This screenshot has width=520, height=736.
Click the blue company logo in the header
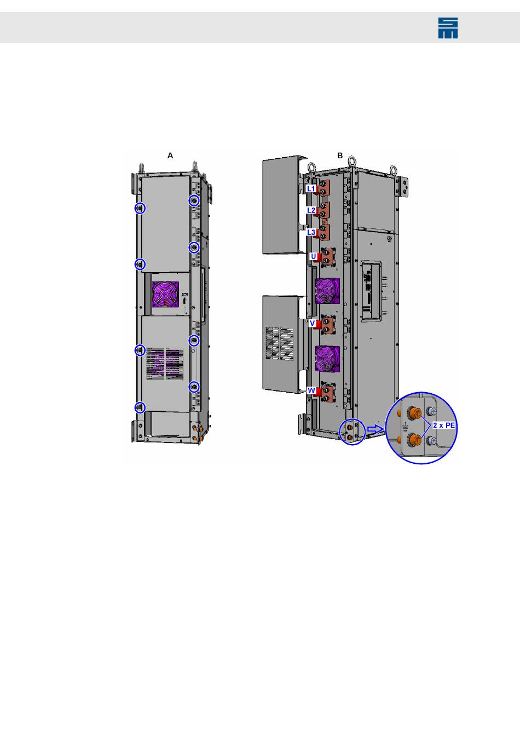click(x=448, y=28)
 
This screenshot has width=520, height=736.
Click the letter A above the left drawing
click(x=170, y=156)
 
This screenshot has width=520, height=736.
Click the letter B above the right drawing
click(x=340, y=156)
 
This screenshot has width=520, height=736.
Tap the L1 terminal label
click(x=311, y=188)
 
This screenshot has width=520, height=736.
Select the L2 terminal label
click(x=311, y=210)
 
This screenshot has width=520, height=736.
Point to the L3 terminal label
click(x=311, y=232)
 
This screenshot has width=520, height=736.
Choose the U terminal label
click(x=314, y=256)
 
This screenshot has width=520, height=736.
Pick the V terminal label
click(x=313, y=323)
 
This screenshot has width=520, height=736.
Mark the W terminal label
click(x=311, y=390)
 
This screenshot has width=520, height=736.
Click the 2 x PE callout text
click(x=444, y=425)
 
